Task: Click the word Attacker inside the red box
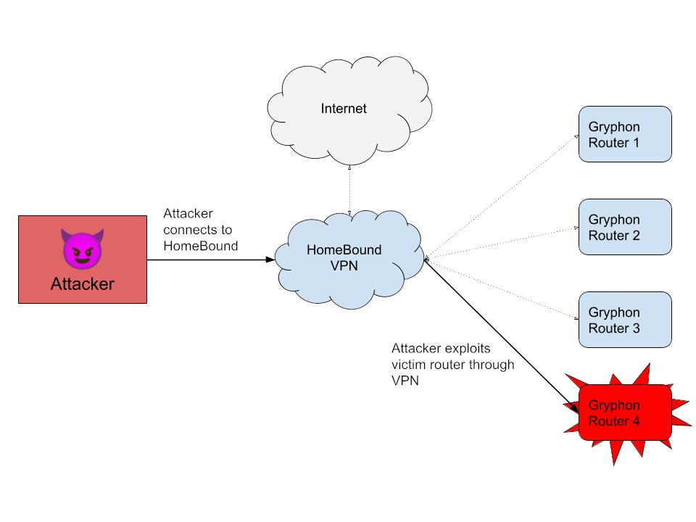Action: (x=82, y=284)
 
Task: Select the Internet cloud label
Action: (x=344, y=109)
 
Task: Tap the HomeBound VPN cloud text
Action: (x=354, y=258)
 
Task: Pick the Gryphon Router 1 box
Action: (x=625, y=135)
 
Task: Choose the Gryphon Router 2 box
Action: (x=625, y=228)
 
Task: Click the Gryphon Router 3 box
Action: (x=625, y=320)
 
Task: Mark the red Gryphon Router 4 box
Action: (x=625, y=413)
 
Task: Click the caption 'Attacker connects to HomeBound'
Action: (x=200, y=230)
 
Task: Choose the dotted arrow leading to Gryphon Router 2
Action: (x=500, y=243)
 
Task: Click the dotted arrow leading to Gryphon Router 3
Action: (x=500, y=287)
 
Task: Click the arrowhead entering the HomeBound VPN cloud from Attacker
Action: (x=271, y=259)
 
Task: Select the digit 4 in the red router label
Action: (x=635, y=420)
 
